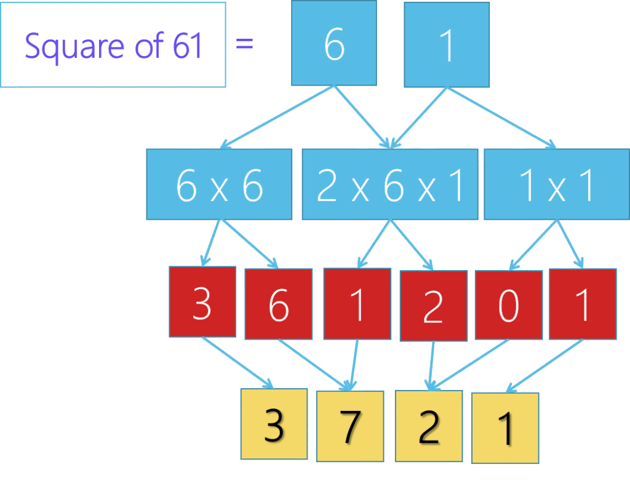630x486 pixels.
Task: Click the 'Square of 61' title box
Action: (113, 44)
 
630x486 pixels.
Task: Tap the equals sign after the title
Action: (244, 44)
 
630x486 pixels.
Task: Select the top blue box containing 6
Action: (334, 43)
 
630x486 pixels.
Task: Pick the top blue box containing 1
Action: (447, 44)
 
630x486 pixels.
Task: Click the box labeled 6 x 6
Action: (219, 185)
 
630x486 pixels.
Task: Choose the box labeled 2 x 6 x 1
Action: (389, 185)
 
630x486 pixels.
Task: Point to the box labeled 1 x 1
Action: (556, 185)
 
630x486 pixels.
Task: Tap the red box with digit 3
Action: (202, 302)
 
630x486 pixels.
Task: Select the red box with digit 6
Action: (278, 304)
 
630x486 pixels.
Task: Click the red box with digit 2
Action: (433, 306)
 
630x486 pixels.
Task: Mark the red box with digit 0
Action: (508, 305)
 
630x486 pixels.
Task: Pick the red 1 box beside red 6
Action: (357, 303)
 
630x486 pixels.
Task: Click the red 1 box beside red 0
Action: (583, 304)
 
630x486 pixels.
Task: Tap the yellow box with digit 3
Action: (274, 424)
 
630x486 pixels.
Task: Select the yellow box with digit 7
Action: (349, 426)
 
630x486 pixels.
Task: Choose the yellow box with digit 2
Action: (428, 426)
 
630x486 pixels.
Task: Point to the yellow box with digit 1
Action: (505, 428)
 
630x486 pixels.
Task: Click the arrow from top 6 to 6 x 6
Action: (277, 117)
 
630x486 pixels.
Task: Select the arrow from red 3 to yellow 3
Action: (237, 363)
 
